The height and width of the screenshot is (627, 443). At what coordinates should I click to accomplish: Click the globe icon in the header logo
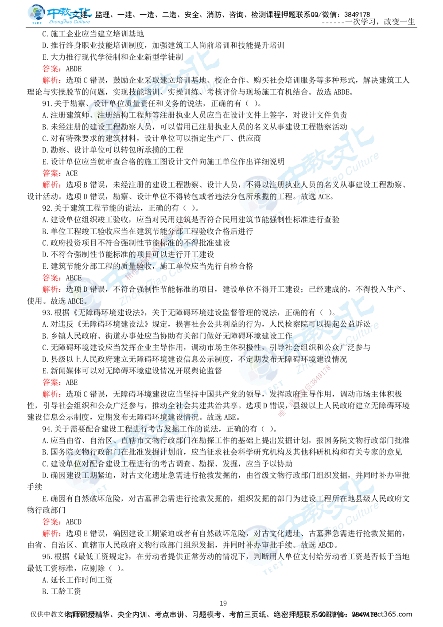35,13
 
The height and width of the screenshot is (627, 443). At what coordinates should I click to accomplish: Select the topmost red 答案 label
51,69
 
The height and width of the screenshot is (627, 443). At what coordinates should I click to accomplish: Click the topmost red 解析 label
51,81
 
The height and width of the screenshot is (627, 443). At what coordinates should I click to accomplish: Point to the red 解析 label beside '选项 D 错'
51,290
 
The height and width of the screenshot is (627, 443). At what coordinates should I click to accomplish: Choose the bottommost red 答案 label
51,521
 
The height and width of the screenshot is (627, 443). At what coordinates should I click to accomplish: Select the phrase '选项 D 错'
82,290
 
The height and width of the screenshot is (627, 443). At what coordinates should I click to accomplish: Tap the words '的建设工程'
105,127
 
